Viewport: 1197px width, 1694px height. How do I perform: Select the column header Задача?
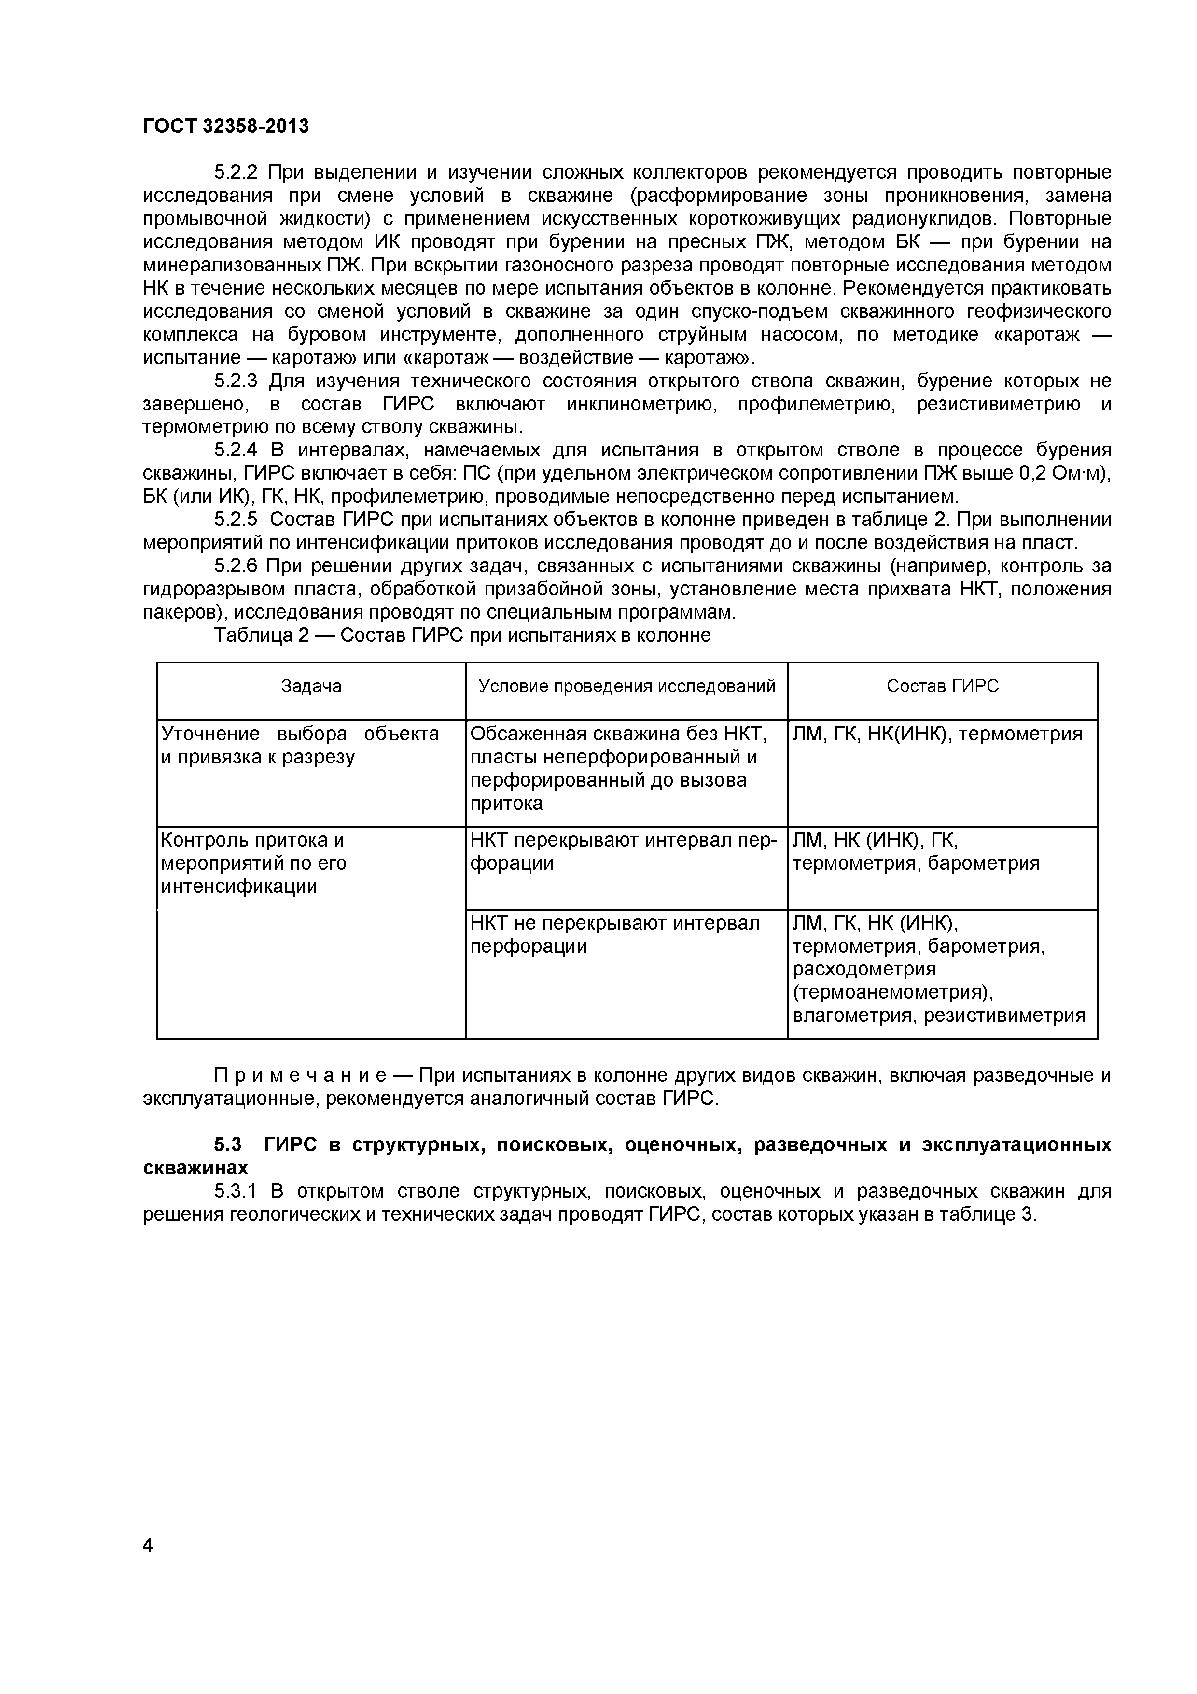click(x=311, y=686)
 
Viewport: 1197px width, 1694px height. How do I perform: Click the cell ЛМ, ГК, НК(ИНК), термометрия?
click(x=937, y=734)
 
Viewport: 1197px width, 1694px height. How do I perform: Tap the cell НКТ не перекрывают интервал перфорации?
click(x=615, y=934)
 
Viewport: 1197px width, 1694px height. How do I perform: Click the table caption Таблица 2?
click(x=260, y=635)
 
